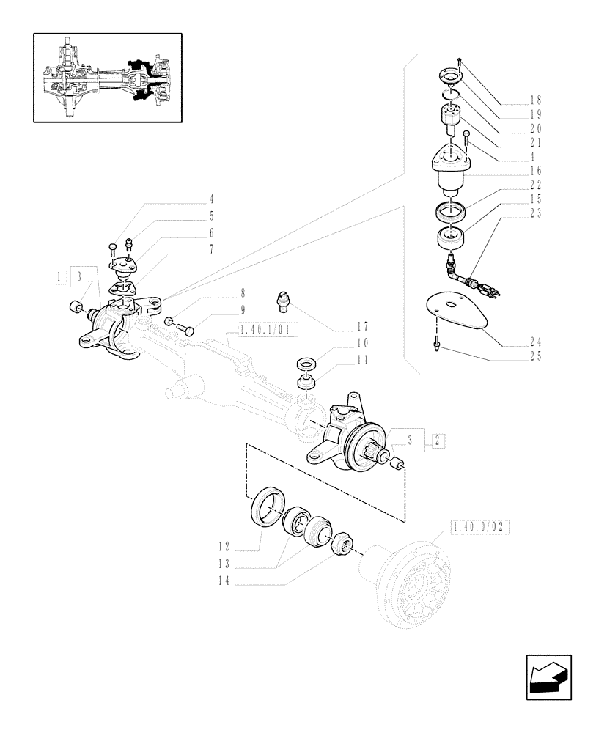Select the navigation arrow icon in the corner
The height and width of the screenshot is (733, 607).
pyautogui.click(x=548, y=677)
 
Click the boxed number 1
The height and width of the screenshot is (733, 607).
pyautogui.click(x=60, y=276)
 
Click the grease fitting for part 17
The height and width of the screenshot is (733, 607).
pyautogui.click(x=283, y=298)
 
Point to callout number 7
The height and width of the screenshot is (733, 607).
pyautogui.click(x=211, y=250)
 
